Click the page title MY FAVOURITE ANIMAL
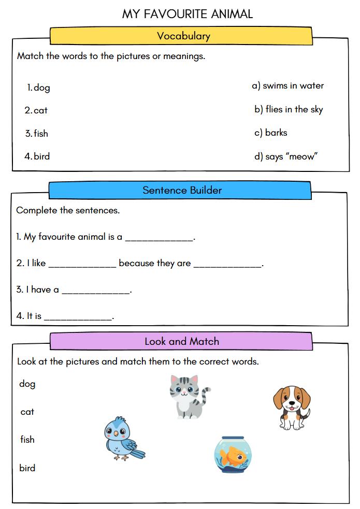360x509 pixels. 188,13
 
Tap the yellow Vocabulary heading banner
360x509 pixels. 182,36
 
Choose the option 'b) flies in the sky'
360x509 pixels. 288,109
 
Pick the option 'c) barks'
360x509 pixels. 270,133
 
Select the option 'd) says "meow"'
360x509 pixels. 285,156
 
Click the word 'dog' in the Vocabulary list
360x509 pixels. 41,88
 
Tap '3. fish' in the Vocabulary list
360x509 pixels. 37,134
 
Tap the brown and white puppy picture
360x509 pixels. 292,407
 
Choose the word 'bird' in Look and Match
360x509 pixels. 27,468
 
